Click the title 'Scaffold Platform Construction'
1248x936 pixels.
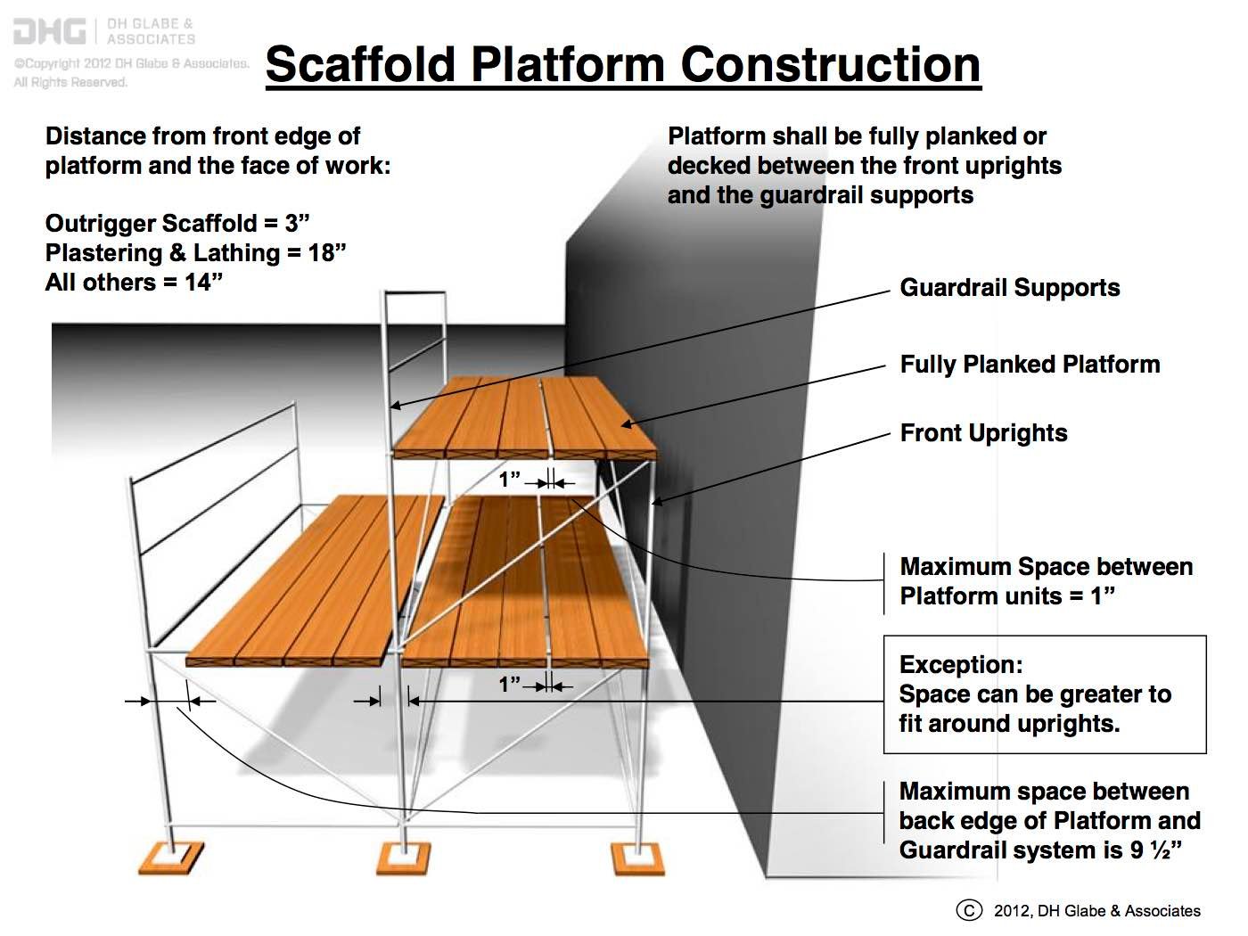(623, 64)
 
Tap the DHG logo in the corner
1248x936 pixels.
(50, 32)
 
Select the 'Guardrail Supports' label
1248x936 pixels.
(1009, 288)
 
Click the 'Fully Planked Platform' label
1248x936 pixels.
(1030, 365)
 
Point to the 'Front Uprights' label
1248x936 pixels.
(983, 433)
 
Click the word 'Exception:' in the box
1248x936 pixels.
(961, 665)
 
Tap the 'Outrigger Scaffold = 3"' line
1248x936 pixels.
(177, 224)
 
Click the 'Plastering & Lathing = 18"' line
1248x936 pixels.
(195, 253)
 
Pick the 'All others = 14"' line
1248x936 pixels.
(134, 283)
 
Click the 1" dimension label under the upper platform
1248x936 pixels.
(510, 480)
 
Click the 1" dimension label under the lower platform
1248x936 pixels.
(510, 685)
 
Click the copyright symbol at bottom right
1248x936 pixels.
(968, 910)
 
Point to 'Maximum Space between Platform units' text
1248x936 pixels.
(1046, 581)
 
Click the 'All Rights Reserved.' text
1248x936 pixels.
(70, 82)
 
